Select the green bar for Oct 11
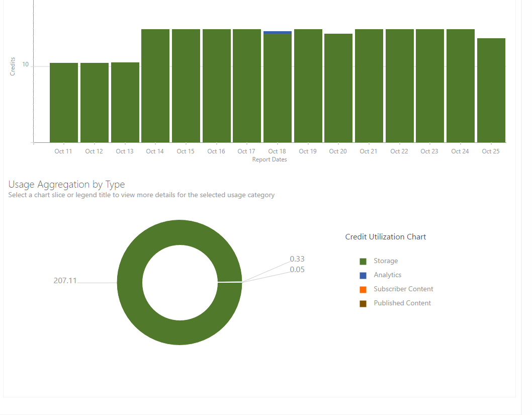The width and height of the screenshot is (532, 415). (x=64, y=103)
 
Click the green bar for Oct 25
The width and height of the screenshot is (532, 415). (x=491, y=91)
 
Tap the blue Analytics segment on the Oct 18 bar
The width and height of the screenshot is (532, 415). (x=278, y=33)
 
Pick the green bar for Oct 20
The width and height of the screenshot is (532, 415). (x=338, y=88)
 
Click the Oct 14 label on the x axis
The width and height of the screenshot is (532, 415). (x=155, y=151)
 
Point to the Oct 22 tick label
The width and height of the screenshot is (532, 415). (x=399, y=151)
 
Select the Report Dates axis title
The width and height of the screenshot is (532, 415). (x=270, y=159)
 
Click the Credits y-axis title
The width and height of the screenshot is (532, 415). (x=13, y=66)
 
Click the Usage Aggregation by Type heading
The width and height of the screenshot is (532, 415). (x=66, y=185)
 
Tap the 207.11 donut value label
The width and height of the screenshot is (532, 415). (x=65, y=281)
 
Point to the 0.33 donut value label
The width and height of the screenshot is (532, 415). (x=297, y=259)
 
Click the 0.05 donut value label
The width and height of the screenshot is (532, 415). (x=297, y=270)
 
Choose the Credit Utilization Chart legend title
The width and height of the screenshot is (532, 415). (x=386, y=237)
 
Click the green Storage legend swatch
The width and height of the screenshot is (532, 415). (x=363, y=261)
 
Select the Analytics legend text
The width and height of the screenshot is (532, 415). (x=388, y=275)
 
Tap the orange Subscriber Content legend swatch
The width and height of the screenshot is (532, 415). (x=363, y=289)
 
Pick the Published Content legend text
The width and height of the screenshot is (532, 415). (x=402, y=303)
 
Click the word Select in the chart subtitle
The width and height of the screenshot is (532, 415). (x=18, y=195)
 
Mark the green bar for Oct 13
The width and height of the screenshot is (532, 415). (x=125, y=103)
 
